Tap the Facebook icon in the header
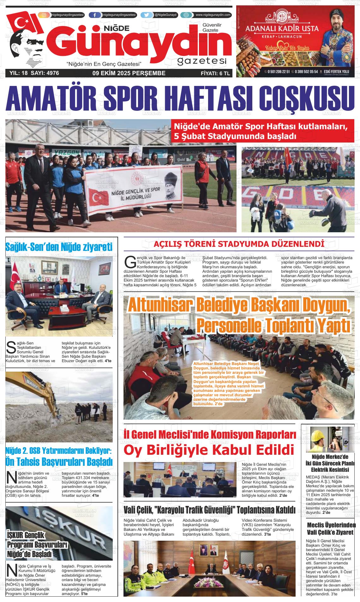[95, 15]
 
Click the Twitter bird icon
[147, 15]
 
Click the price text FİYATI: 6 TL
[216, 73]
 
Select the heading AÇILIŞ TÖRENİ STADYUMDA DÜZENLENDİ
[239, 244]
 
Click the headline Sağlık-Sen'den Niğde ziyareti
[59, 247]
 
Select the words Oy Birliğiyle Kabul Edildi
[208, 450]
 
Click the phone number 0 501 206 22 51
[278, 72]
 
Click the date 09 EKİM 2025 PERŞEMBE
[129, 73]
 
